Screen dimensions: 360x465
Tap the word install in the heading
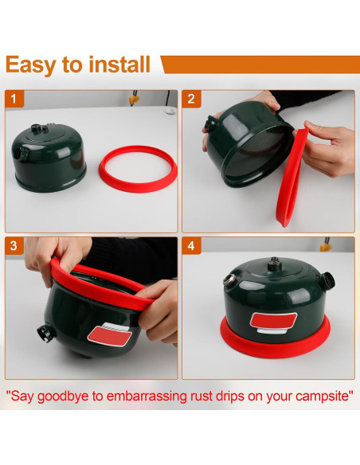pos(119,64)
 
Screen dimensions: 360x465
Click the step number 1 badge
pos(14,99)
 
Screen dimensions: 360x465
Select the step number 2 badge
pos(191,99)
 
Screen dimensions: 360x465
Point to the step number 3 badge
pos(14,246)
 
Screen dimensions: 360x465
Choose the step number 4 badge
pos(191,246)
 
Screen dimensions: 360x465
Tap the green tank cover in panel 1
pos(49,158)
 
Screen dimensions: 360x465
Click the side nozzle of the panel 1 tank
pos(18,154)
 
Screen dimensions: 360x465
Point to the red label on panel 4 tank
pos(273,320)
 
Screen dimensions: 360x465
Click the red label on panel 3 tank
pos(110,335)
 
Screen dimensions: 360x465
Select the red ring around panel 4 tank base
pos(275,347)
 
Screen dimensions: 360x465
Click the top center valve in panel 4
pos(275,264)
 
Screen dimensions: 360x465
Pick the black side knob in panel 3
pos(46,333)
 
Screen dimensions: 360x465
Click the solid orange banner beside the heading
pos(261,64)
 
